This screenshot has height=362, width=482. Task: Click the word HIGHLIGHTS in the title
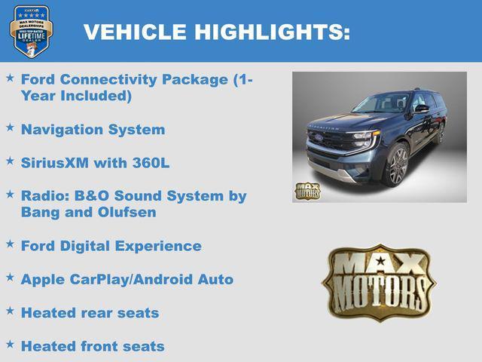click(x=272, y=32)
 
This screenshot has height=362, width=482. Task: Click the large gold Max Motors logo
click(x=379, y=281)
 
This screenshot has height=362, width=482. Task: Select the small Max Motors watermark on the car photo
click(x=307, y=191)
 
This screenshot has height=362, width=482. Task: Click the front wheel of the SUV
click(x=398, y=165)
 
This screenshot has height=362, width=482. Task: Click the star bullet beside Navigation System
click(x=10, y=128)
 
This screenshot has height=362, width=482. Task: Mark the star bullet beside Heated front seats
click(x=10, y=345)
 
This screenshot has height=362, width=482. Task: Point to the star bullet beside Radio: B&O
click(x=10, y=195)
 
